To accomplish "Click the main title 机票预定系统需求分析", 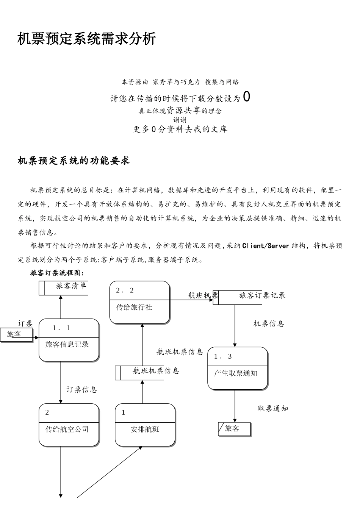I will [87, 39].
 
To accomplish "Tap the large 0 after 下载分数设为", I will [246, 97].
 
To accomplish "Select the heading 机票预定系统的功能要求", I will [74, 161].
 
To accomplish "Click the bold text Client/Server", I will [266, 246].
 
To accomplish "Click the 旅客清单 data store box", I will [64, 288].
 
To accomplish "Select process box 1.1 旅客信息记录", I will [69, 340].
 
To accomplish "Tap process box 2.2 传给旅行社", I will [139, 302].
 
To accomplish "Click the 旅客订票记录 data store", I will [250, 297].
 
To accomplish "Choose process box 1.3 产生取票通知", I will [238, 368].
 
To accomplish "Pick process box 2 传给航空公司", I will [69, 425].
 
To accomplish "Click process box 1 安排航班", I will [145, 425].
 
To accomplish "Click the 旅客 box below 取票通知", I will [235, 429].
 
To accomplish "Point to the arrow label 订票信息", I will [81, 390].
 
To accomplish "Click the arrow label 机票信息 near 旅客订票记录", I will [269, 324].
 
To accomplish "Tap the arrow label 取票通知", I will [273, 409].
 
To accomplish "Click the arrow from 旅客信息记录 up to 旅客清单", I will [61, 307].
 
